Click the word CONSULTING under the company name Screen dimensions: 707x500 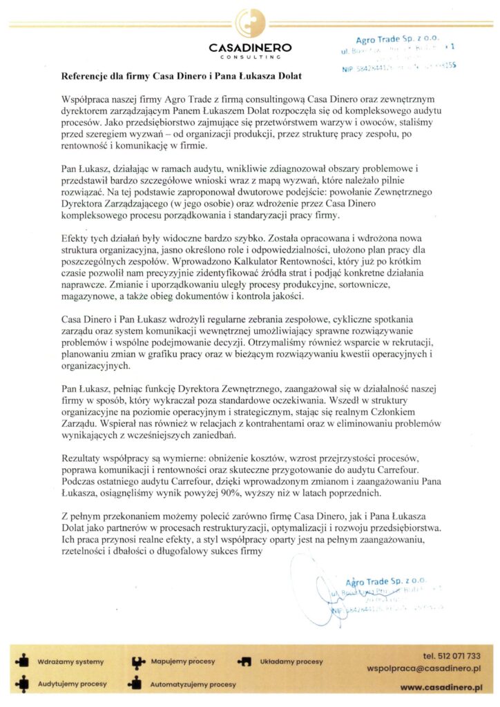click(250, 57)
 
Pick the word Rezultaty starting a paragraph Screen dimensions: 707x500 click(84, 459)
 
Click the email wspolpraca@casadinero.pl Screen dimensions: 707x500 click(425, 669)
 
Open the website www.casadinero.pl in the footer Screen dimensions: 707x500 click(441, 688)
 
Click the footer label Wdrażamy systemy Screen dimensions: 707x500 click(70, 661)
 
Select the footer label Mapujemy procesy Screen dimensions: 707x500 click(183, 661)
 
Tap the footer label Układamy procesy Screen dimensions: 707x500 click(291, 661)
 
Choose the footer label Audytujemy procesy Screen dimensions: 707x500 click(73, 684)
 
